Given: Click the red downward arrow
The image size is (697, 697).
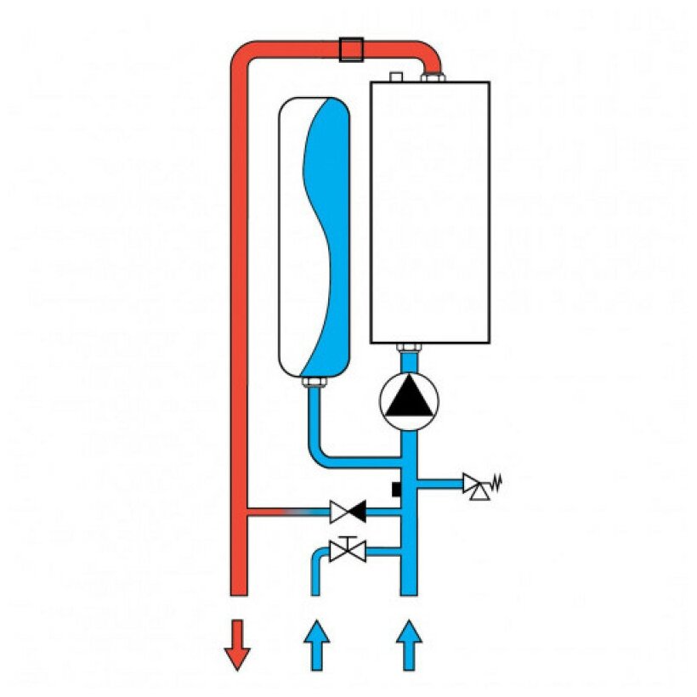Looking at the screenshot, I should pyautogui.click(x=237, y=644).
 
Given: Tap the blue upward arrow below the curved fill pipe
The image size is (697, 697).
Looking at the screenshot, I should pyautogui.click(x=315, y=644).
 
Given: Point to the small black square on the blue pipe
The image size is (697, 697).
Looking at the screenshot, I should pyautogui.click(x=397, y=490).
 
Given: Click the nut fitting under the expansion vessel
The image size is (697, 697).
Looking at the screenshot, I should pyautogui.click(x=313, y=386).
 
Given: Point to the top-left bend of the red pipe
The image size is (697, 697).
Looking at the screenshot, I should pyautogui.click(x=242, y=55).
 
